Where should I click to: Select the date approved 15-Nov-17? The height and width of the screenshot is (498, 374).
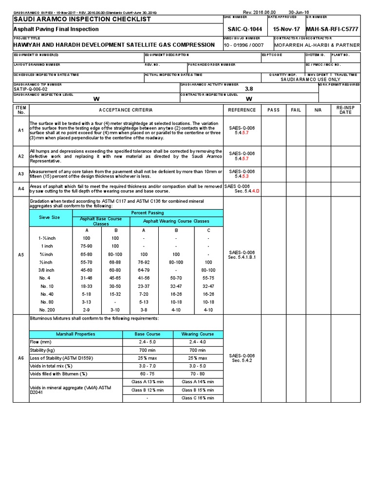(x=286, y=29)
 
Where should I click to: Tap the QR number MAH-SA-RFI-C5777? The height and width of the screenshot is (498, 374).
(x=333, y=29)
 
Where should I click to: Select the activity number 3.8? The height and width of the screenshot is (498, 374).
(x=249, y=89)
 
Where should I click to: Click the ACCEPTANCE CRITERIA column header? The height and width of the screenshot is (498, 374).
(x=126, y=110)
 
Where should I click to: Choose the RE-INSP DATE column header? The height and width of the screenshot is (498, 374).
(x=345, y=110)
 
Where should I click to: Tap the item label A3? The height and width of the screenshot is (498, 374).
(x=21, y=174)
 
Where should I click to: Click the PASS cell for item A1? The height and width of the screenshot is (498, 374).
(x=274, y=131)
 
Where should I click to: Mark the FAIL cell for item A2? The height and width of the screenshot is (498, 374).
(x=296, y=156)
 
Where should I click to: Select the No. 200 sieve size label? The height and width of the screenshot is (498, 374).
(x=47, y=309)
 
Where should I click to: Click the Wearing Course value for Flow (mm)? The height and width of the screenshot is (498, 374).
(x=197, y=342)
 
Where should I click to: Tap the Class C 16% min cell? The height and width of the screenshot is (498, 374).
(x=197, y=398)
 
